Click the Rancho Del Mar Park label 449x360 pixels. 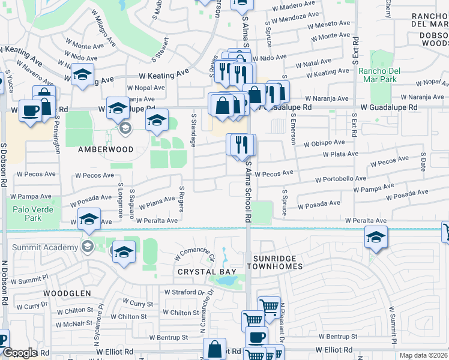click(x=378, y=75)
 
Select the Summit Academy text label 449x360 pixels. click(x=55, y=247)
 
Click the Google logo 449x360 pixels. click(x=19, y=353)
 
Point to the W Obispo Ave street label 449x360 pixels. click(x=324, y=143)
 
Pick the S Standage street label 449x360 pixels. click(x=193, y=131)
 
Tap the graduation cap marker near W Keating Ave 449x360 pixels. click(x=82, y=75)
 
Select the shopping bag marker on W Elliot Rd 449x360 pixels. click(x=214, y=349)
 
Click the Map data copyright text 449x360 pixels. click(x=423, y=355)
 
